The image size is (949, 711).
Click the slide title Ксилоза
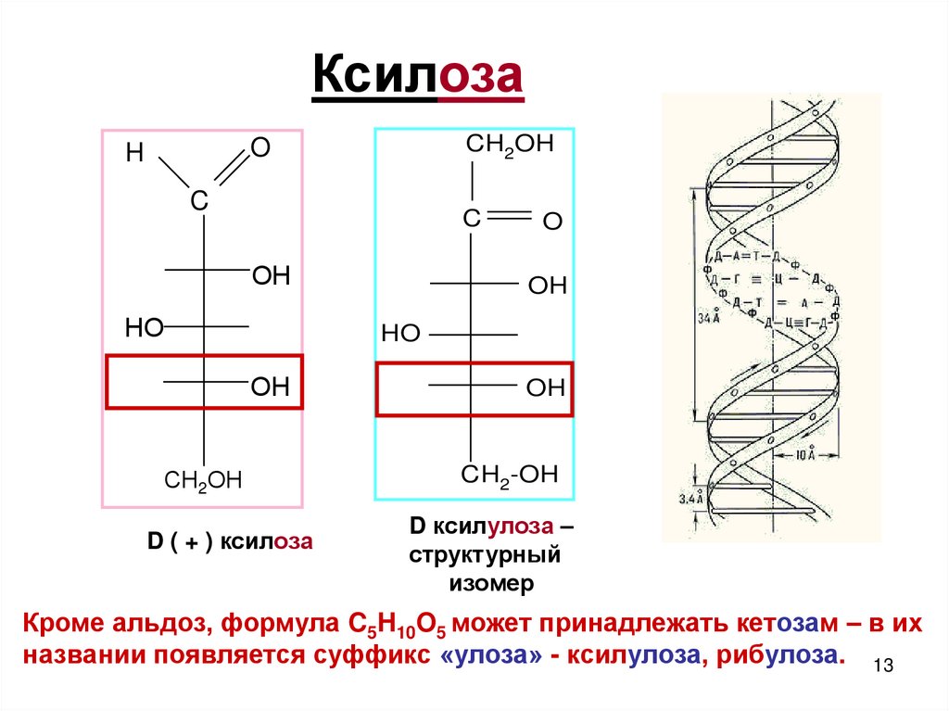(x=417, y=76)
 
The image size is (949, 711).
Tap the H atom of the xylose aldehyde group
(x=135, y=154)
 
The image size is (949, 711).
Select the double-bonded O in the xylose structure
(x=260, y=146)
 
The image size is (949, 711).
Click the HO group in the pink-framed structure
(x=144, y=326)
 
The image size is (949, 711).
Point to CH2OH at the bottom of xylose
(x=203, y=479)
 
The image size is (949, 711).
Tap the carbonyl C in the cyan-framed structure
(x=472, y=219)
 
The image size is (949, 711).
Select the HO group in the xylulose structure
(x=400, y=334)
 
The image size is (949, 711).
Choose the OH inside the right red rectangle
(x=546, y=387)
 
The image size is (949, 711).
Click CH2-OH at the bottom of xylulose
(x=510, y=476)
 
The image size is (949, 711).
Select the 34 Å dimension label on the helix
(x=707, y=317)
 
